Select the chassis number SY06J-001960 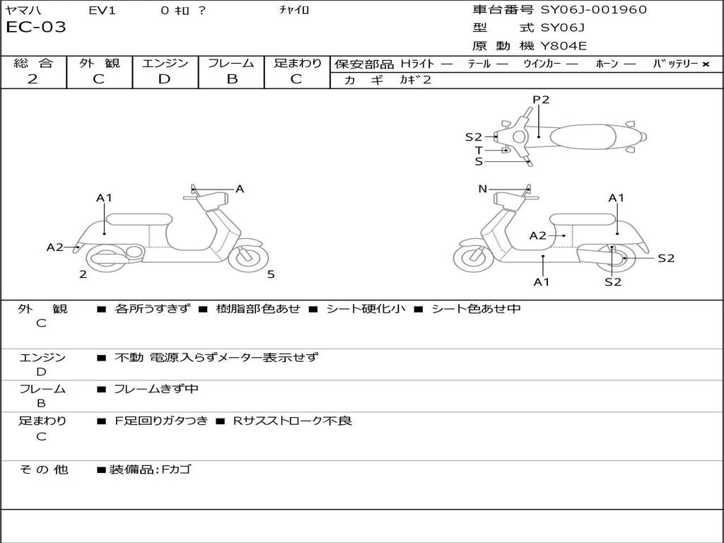tap(594, 10)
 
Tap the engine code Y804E tap(564, 47)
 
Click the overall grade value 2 tap(33, 79)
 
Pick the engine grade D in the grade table tap(164, 79)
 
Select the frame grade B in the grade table tap(232, 79)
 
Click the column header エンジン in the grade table tap(165, 64)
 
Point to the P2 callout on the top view tap(541, 100)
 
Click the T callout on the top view tap(479, 150)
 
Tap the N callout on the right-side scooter tap(483, 189)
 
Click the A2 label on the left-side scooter tap(55, 247)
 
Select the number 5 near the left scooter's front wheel tap(271, 274)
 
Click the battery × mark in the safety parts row tap(705, 64)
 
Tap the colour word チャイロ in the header tap(295, 10)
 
